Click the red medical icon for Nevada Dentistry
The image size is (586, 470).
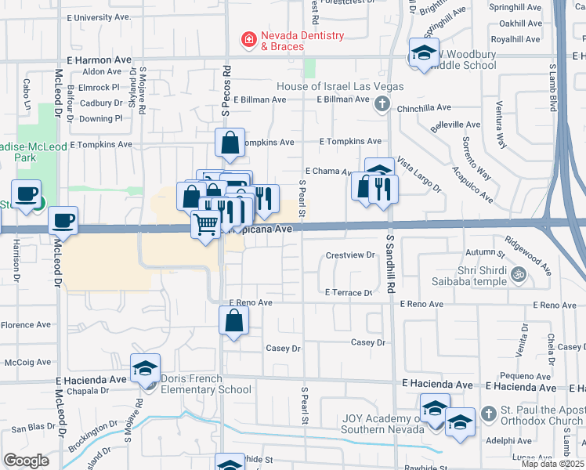coord(248,38)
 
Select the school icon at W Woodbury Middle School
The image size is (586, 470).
coord(424,52)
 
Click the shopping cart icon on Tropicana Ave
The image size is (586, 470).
coord(206,224)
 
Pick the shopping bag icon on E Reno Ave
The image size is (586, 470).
coord(233,320)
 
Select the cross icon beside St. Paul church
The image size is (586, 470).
coord(487,413)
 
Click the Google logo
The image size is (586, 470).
coord(26,461)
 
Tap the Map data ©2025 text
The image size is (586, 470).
coord(552,464)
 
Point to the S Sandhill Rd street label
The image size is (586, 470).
coord(389,267)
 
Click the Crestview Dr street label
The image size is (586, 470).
coord(350,255)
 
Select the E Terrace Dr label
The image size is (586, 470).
coord(348,292)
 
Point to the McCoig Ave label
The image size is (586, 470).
coord(27,362)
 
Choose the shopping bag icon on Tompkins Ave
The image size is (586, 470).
coord(230,143)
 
